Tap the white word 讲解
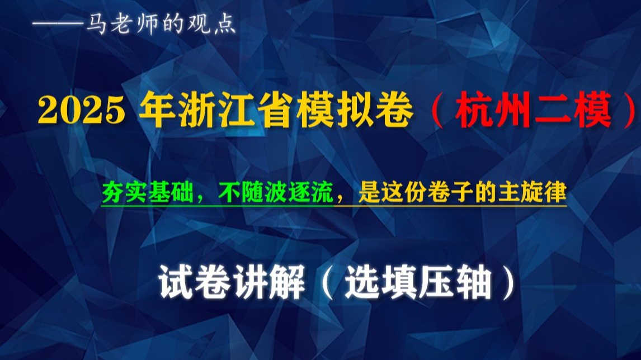[269, 282]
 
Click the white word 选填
[381, 282]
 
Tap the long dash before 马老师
[58, 25]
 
